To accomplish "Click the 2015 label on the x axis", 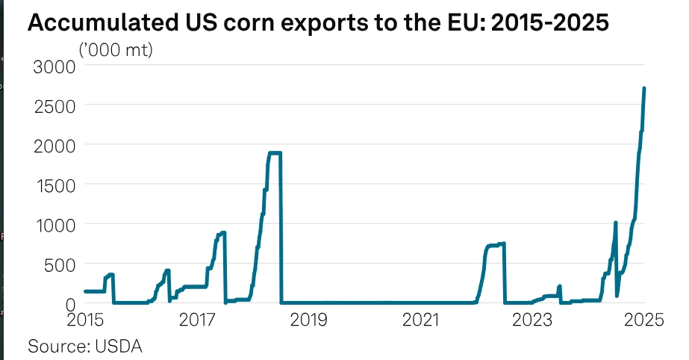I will pyautogui.click(x=85, y=320).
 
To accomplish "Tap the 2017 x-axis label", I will pyautogui.click(x=197, y=320).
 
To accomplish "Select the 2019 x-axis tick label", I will pyautogui.click(x=308, y=320).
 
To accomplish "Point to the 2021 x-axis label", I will pyautogui.click(x=420, y=320).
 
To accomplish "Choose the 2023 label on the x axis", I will pyautogui.click(x=532, y=320).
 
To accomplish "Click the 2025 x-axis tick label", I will pyautogui.click(x=643, y=320).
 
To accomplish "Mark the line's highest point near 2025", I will pyautogui.click(x=643, y=89).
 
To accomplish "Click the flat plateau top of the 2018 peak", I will pyautogui.click(x=275, y=153).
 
